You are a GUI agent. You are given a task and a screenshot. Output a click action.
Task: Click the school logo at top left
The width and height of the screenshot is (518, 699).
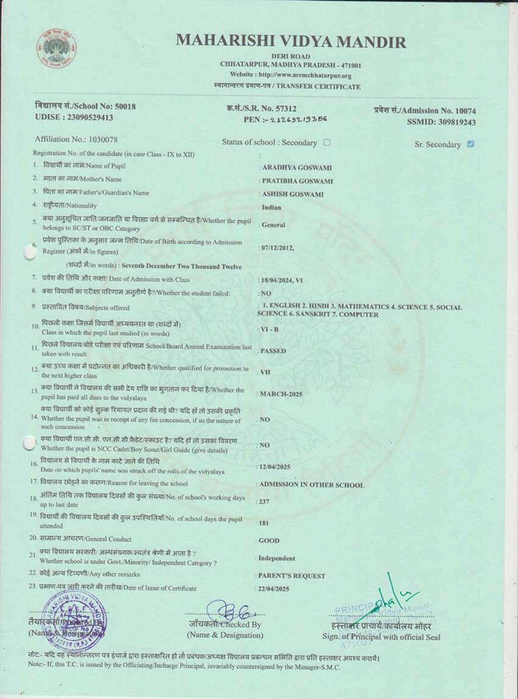click(x=57, y=50)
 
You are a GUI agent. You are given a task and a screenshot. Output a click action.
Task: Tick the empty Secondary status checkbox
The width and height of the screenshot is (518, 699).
click(x=327, y=142)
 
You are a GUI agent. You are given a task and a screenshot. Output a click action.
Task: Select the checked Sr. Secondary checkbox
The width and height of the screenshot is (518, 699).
click(x=470, y=144)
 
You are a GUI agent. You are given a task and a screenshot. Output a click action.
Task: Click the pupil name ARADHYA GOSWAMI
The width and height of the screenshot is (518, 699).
click(x=297, y=168)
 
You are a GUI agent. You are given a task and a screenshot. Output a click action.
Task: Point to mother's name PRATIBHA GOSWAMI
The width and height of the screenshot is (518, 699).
click(x=297, y=181)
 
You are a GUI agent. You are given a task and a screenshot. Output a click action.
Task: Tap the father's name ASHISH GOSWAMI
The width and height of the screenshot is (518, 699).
click(x=293, y=195)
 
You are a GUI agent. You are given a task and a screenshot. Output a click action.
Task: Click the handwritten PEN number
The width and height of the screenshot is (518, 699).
click(x=298, y=120)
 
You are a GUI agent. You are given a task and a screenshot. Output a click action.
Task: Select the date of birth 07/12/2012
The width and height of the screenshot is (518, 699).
click(x=278, y=248)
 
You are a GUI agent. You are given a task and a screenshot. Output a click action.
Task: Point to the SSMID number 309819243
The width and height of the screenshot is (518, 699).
click(x=455, y=122)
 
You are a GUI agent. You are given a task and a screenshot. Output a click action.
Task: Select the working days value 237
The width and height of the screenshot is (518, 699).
click(x=264, y=502)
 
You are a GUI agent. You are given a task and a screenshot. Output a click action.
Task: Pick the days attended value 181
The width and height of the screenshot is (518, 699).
click(x=264, y=523)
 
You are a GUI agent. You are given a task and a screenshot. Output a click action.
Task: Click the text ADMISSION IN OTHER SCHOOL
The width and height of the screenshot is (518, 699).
click(x=311, y=485)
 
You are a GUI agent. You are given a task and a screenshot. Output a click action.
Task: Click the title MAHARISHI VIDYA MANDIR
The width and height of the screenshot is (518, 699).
click(x=291, y=41)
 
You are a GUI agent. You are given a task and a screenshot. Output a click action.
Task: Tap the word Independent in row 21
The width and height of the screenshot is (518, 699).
click(x=277, y=559)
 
